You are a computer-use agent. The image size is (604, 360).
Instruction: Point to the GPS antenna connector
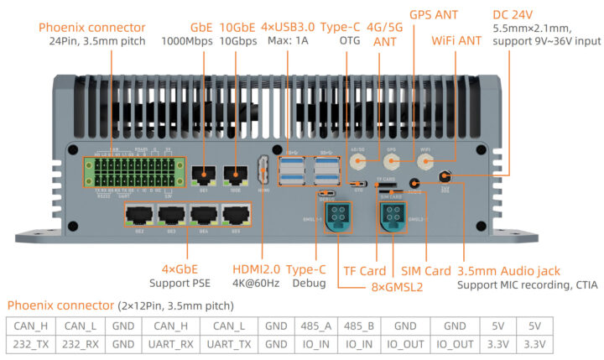[x=390, y=162]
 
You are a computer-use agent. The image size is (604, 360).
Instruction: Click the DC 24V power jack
[x=445, y=176]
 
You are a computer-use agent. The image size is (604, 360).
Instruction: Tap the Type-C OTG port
[x=358, y=184]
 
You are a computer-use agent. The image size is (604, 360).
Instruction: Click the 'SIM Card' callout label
[x=426, y=270]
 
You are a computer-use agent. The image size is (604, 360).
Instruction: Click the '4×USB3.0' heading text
[x=289, y=27]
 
